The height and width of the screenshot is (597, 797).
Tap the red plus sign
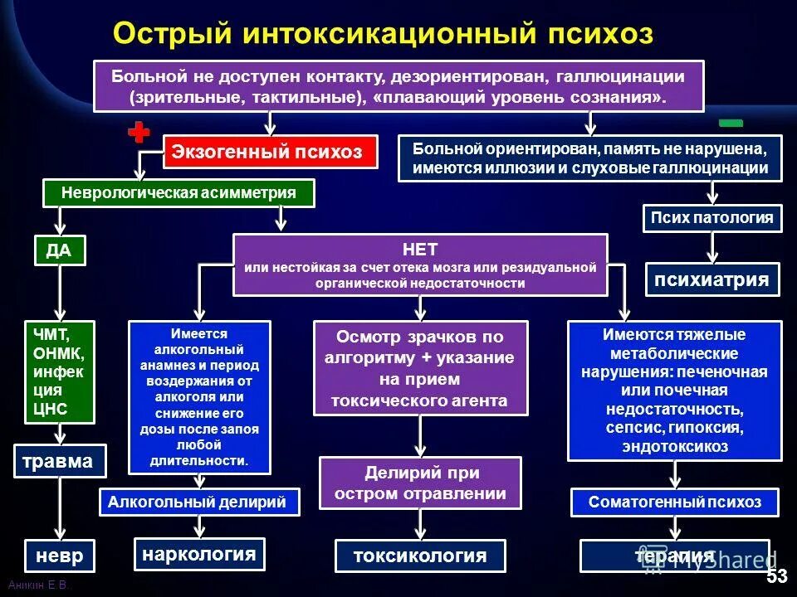[x=139, y=133]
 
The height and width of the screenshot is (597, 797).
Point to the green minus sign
[x=731, y=123]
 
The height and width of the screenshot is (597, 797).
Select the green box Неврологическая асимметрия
[x=178, y=193]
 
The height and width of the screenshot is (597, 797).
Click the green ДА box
[x=60, y=250]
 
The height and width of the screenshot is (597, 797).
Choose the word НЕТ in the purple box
[x=419, y=249]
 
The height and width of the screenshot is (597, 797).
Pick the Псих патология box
[x=712, y=219]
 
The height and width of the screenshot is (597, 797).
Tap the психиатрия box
[x=712, y=279]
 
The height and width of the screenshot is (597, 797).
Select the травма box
[x=61, y=461]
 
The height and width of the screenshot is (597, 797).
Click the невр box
[x=60, y=555]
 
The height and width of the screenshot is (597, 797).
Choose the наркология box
[x=199, y=554]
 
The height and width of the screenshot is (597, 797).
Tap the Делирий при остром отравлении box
[x=420, y=483]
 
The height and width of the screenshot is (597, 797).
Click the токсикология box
[x=421, y=556]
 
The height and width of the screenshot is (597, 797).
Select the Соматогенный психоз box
[x=674, y=502]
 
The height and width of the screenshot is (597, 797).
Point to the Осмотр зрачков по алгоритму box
[x=420, y=368]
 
